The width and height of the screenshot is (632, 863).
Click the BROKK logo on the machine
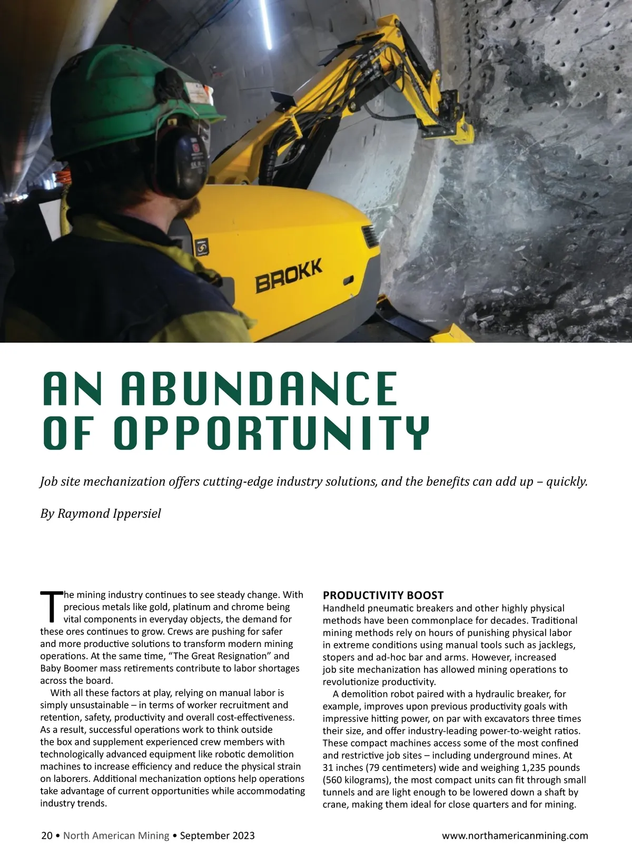[289, 276]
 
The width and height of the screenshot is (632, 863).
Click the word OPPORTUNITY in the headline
[272, 433]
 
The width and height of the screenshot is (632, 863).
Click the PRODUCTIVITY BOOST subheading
[383, 595]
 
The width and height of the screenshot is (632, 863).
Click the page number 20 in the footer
[47, 836]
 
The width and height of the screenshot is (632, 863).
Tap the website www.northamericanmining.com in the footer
[515, 836]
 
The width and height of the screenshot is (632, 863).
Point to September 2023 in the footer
[217, 836]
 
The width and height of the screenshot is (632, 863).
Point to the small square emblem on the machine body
[202, 246]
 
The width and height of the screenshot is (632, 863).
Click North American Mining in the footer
[116, 836]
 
